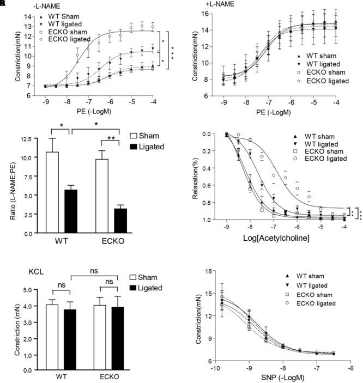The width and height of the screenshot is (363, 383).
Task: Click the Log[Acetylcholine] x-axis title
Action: [x=278, y=239]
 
